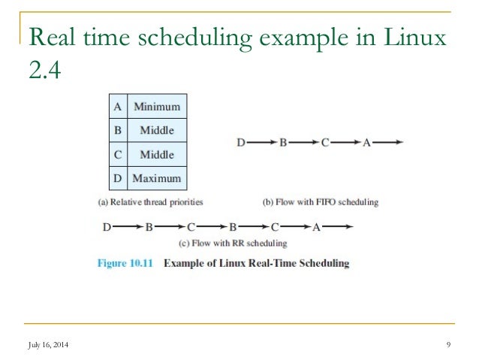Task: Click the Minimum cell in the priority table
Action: pos(157,106)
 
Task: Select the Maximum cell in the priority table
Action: pos(157,179)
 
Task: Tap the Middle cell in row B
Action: pos(157,130)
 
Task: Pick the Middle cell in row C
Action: pos(157,155)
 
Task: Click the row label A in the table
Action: pos(116,106)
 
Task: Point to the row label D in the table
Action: pos(116,179)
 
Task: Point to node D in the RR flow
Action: pos(107,225)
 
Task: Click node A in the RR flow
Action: pos(316,225)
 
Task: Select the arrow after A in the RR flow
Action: pos(337,225)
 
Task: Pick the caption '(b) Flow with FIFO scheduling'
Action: pos(320,202)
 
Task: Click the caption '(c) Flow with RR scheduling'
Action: pos(232,244)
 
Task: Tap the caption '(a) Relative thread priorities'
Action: pos(150,202)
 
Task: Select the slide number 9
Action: pos(447,345)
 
